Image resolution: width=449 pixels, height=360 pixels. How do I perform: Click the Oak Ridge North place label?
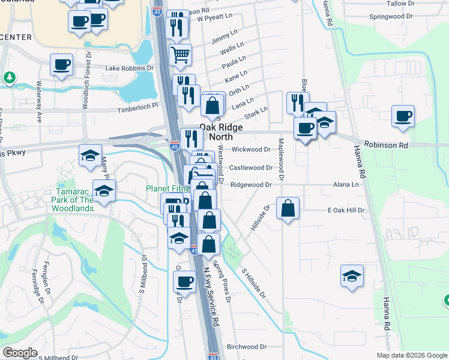[x=221, y=132]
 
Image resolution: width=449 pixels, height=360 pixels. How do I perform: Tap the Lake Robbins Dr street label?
[x=130, y=68]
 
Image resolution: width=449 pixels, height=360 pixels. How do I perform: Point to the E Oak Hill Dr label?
[x=346, y=211]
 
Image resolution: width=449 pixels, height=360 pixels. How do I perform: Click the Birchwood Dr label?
[x=247, y=347]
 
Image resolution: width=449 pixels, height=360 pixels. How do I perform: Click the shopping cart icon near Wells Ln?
[x=181, y=55]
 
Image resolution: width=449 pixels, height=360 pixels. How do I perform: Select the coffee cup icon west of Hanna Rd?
[x=403, y=116]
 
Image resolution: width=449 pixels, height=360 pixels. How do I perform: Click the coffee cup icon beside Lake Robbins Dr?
[x=62, y=65]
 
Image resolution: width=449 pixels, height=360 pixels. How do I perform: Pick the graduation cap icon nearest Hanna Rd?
[x=352, y=276]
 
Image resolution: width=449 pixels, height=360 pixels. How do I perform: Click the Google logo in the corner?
[x=20, y=353]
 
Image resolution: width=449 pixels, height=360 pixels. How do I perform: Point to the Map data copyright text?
[x=412, y=355]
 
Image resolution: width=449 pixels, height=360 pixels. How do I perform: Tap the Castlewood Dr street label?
[x=251, y=167]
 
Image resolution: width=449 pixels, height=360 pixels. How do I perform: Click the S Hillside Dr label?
[x=254, y=282]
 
